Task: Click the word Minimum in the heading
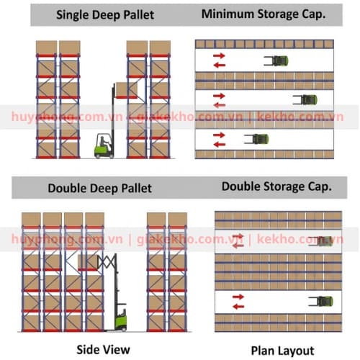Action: [228, 14]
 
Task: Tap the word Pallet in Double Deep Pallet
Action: [136, 188]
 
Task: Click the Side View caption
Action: [103, 349]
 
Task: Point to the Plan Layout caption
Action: [282, 351]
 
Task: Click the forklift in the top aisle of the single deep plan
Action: [276, 60]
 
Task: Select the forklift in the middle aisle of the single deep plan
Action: [305, 100]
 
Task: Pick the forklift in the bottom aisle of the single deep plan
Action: [256, 139]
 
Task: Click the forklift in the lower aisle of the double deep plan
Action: [320, 301]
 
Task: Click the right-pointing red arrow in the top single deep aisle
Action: [219, 56]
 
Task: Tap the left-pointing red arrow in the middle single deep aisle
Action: [220, 105]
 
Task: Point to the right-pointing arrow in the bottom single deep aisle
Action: [219, 135]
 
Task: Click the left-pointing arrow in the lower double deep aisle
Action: [238, 307]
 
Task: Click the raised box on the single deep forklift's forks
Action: [127, 89]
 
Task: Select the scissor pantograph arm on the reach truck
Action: [106, 261]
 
